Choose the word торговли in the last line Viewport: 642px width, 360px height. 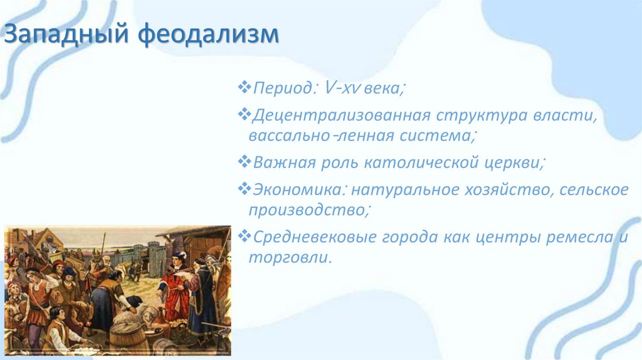pyautogui.click(x=288, y=257)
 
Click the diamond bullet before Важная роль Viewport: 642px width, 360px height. pyautogui.click(x=244, y=162)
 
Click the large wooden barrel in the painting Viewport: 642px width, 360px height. pyautogui.click(x=129, y=336)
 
